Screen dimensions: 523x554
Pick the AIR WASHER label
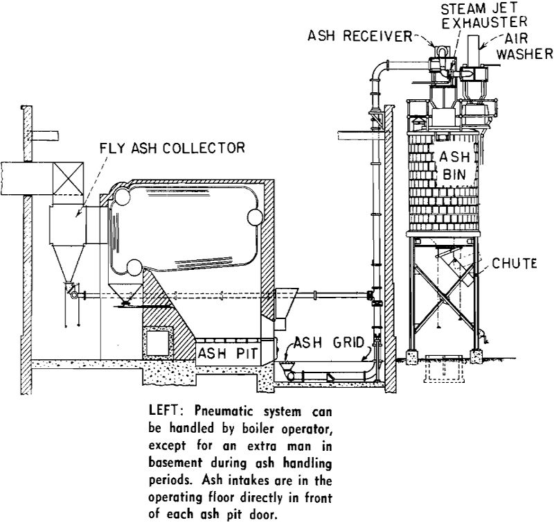coord(528,47)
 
